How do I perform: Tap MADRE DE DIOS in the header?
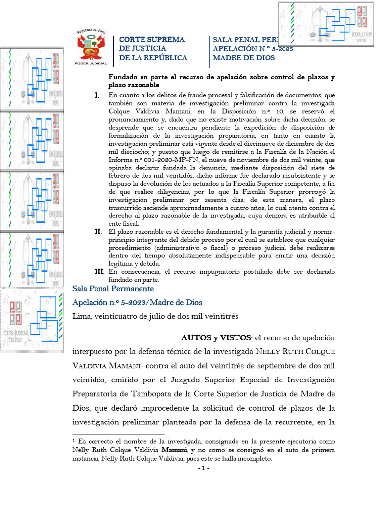coord(237,58)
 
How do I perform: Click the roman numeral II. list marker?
coord(98,232)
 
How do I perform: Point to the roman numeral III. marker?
coord(99,272)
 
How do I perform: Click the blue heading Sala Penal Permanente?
coord(113,289)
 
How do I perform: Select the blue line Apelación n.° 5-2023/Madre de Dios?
coord(137,302)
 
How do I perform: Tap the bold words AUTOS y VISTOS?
coord(217,338)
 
